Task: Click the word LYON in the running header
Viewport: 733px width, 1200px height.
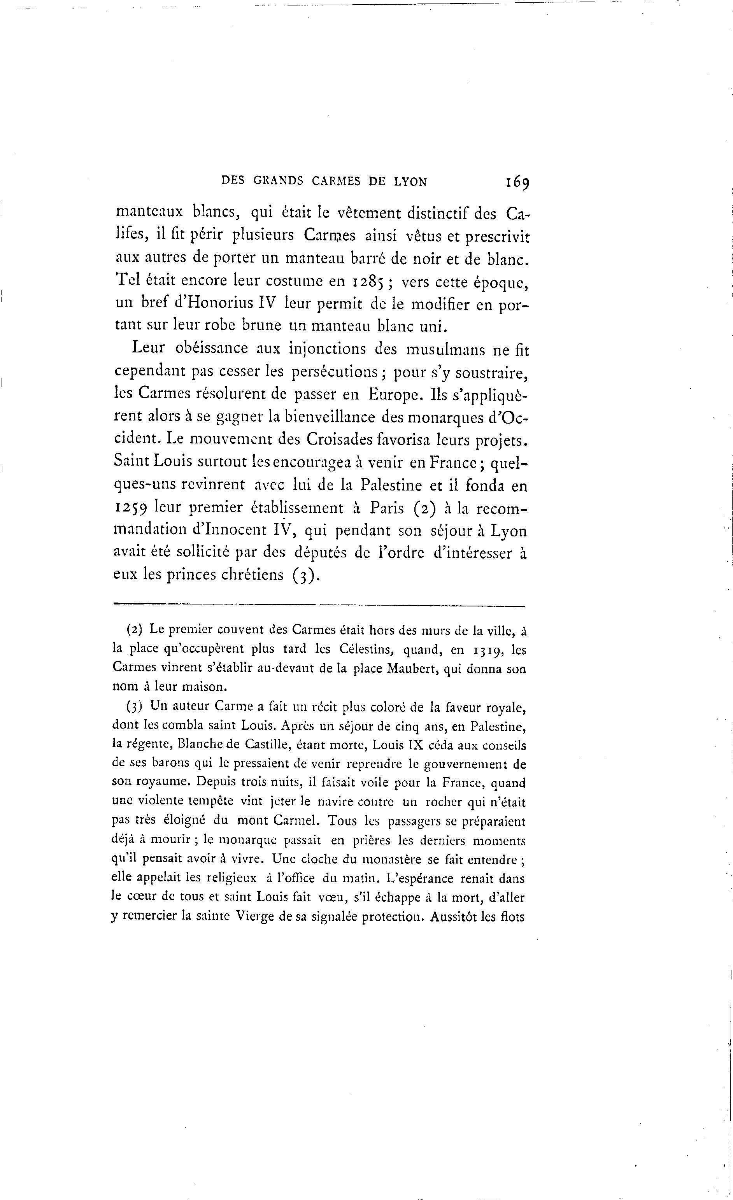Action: coord(410,182)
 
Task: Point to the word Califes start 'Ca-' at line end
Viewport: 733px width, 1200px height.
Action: coord(517,214)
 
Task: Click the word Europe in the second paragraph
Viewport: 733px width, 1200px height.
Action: coord(395,394)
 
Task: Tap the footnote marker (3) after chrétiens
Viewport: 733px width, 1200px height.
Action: coord(305,575)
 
